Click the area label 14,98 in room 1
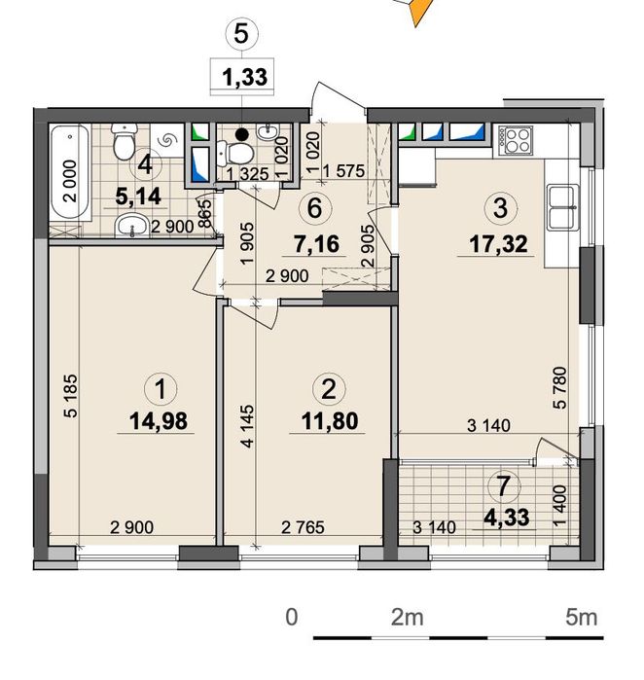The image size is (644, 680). [x=159, y=420]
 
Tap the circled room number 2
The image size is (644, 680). [x=329, y=388]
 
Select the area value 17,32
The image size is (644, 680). [x=499, y=244]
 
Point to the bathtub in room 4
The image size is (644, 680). [x=70, y=171]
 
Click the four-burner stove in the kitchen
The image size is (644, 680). [x=516, y=140]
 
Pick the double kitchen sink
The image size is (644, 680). [x=563, y=207]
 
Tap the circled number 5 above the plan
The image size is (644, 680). [x=241, y=33]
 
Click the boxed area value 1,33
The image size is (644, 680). [x=244, y=77]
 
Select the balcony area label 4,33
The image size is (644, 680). [x=508, y=518]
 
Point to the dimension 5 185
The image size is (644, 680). [x=70, y=396]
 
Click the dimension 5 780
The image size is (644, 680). [x=560, y=388]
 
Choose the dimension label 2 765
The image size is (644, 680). [x=303, y=527]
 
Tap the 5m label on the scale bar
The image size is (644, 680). [x=581, y=617]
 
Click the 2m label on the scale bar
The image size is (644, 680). [x=408, y=617]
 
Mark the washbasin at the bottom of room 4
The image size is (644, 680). [x=132, y=226]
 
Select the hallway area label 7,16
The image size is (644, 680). [x=316, y=244]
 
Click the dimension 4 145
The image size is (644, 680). [x=247, y=426]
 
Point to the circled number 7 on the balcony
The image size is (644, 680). [x=503, y=485]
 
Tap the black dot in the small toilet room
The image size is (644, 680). [x=242, y=134]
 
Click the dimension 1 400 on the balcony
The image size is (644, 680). [x=560, y=504]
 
